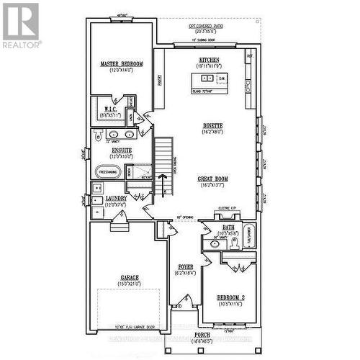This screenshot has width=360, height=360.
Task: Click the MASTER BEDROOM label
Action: [121, 64]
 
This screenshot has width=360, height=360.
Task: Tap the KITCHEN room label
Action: [209, 60]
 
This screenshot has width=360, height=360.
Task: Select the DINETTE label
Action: [212, 125]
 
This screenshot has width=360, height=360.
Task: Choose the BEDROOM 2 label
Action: [230, 297]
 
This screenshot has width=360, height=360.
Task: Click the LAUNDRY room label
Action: [116, 198]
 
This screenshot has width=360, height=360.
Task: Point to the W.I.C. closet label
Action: [110, 109]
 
